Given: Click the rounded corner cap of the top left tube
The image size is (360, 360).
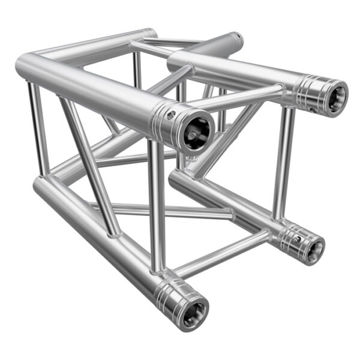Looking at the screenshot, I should (x=27, y=64).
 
